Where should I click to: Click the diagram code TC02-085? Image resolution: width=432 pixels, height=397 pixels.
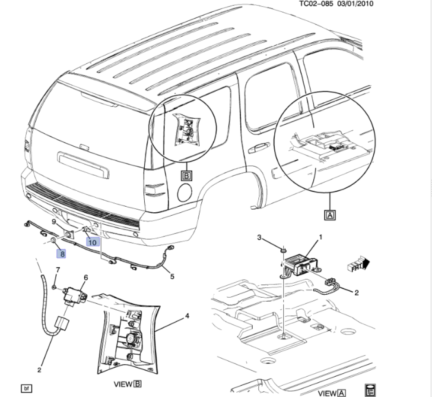(x=317, y=4)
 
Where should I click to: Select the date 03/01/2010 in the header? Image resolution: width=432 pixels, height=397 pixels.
(x=356, y=4)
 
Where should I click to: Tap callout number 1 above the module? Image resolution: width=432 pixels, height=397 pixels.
(x=321, y=237)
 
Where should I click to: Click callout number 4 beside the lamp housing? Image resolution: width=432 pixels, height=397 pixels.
(x=187, y=316)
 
